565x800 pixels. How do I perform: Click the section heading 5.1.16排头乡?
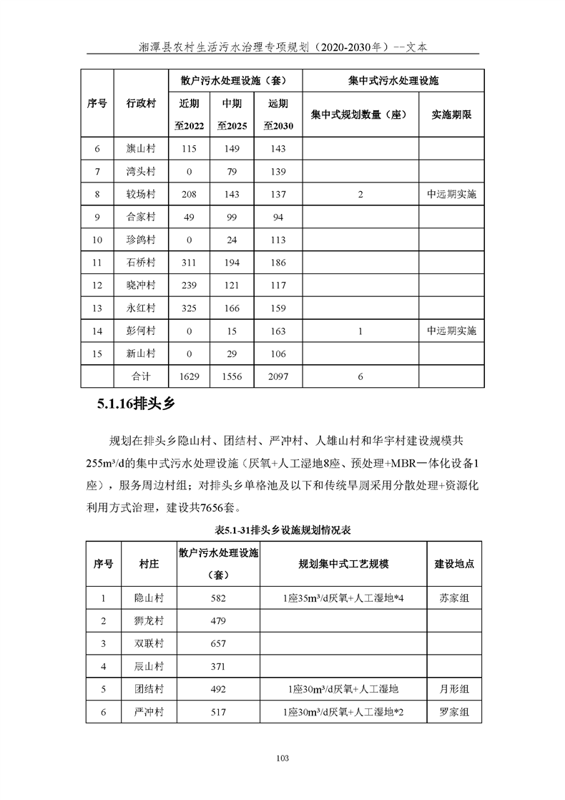tap(136, 405)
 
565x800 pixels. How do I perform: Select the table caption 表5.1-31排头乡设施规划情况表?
tap(282, 532)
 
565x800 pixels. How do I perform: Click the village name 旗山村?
tap(141, 149)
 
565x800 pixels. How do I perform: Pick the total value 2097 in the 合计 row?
tap(279, 376)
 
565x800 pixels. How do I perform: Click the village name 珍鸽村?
tap(141, 240)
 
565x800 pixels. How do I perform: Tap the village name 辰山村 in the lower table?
tap(149, 666)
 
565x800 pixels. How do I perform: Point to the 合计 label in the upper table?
tap(141, 376)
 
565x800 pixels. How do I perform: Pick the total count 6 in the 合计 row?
tap(360, 376)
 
